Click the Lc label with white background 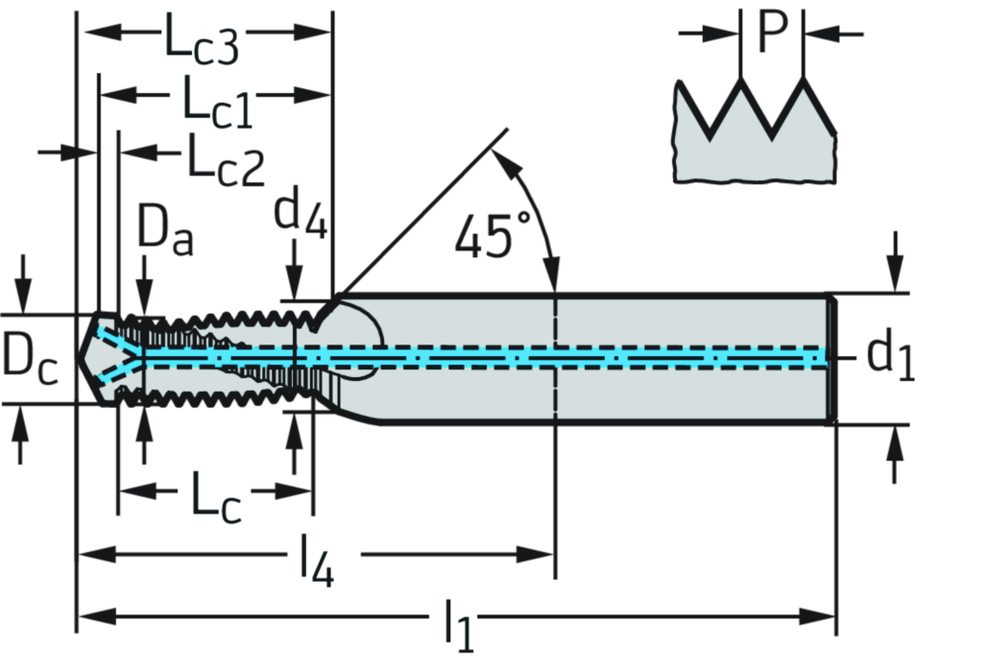pos(214,495)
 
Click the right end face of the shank pos(829,357)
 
